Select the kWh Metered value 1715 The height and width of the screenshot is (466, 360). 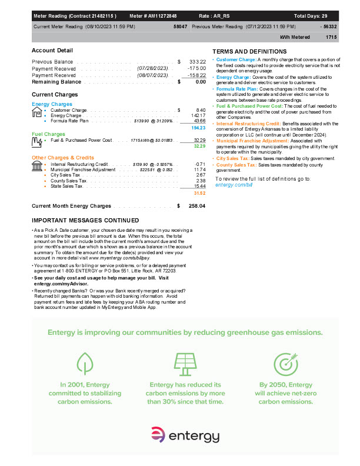tap(331, 36)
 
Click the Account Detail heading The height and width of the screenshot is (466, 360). tap(52, 51)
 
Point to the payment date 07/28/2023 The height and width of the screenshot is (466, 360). tap(152, 68)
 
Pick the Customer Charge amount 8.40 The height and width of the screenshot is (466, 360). tap(200, 110)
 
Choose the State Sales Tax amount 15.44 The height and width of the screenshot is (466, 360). tap(199, 186)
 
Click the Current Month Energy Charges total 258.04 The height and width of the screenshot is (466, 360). tap(196, 206)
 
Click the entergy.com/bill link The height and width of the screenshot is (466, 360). tap(234, 184)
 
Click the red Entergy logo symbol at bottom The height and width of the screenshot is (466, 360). tap(156, 436)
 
